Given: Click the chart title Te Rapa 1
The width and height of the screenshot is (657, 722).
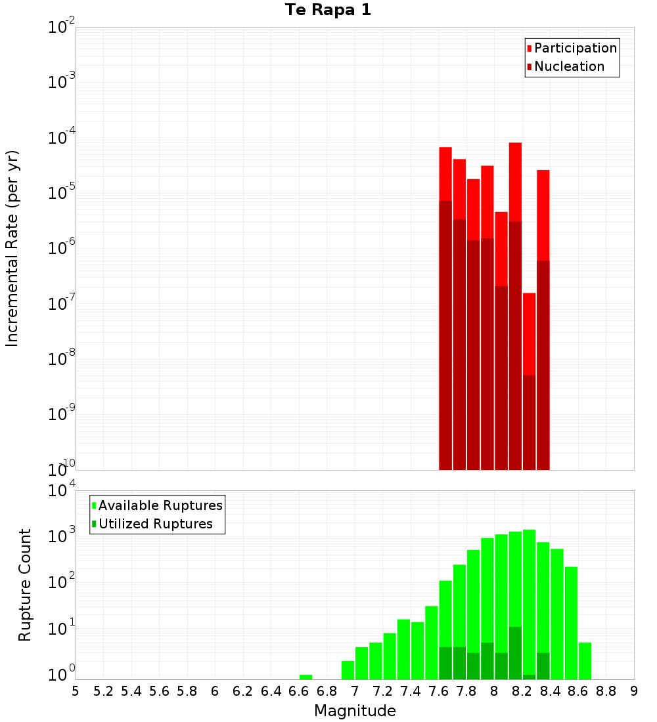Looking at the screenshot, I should tap(328, 11).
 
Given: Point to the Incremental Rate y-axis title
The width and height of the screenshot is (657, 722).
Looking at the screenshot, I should tap(12, 248).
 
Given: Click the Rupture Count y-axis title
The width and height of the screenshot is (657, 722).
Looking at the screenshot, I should tap(25, 584).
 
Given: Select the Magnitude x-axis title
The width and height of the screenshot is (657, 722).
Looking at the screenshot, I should tap(355, 711).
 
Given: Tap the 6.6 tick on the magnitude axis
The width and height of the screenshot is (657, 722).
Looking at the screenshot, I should tap(299, 691).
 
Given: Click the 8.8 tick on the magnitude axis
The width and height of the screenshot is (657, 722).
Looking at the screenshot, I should tap(606, 691).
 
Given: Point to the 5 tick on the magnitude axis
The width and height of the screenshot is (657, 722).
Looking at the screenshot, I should tap(76, 691).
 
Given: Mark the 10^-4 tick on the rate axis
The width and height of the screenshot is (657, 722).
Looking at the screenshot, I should tap(61, 138).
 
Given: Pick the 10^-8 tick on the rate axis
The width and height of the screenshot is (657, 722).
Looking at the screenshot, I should tap(61, 359).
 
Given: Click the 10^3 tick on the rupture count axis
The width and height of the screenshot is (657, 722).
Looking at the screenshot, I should tap(61, 536).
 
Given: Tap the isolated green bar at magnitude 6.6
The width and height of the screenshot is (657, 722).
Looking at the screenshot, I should tap(306, 677).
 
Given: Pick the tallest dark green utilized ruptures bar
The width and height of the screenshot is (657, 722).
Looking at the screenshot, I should tap(515, 653).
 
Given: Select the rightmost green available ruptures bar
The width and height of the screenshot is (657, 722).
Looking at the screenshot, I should tap(585, 661).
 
